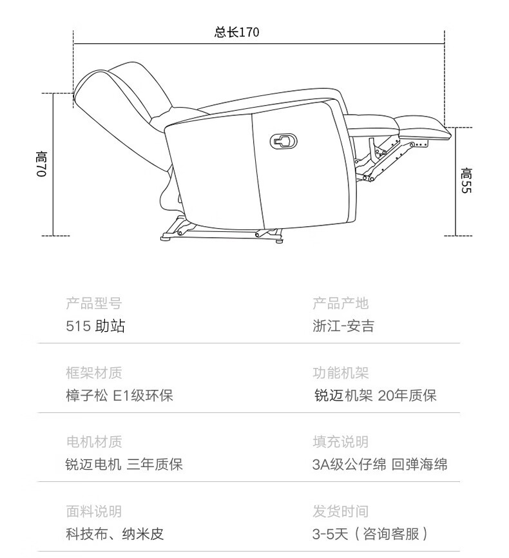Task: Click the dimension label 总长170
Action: pos(237,32)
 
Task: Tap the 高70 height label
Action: pos(42,164)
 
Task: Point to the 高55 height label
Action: pos(466,181)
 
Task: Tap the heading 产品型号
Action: pos(93,303)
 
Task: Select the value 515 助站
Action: pos(95,326)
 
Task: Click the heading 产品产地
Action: pos(340,303)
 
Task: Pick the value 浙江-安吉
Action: pos(343,326)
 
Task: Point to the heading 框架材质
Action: pos(93,373)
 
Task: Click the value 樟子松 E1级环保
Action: pos(119,395)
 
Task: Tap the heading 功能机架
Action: pos(340,373)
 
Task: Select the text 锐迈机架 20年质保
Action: pos(375,395)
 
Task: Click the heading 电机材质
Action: pos(93,442)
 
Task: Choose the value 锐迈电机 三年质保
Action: pos(124,464)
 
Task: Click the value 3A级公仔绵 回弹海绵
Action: pos(379,464)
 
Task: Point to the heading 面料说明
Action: pos(93,512)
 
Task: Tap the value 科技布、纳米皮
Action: pos(115,534)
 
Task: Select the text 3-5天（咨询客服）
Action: pos(370,534)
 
